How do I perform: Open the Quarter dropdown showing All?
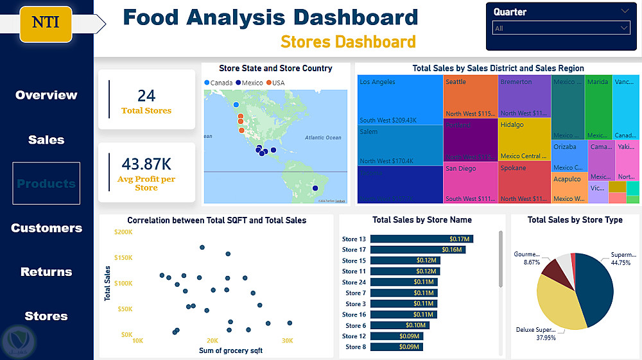(x=562, y=28)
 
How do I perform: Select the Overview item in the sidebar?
(x=46, y=95)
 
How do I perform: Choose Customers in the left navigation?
(x=46, y=228)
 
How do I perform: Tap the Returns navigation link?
(x=46, y=272)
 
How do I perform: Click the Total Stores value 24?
(x=146, y=96)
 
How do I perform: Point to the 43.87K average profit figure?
(x=146, y=164)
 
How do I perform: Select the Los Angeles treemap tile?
(x=399, y=99)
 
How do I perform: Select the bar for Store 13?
(x=421, y=239)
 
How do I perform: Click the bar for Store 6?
(x=399, y=325)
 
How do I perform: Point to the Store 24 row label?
(x=354, y=282)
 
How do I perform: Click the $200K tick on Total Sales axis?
(x=123, y=232)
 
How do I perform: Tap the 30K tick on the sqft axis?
(x=287, y=340)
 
